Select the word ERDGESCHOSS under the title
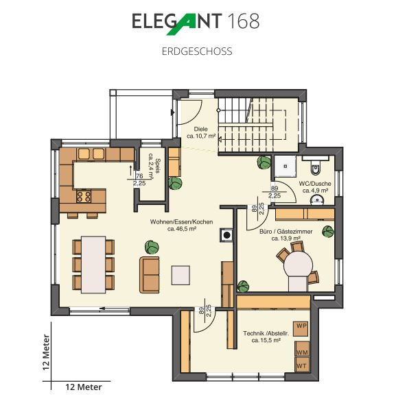pyautogui.click(x=197, y=51)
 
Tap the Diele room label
pyautogui.click(x=201, y=129)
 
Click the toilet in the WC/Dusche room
pyautogui.click(x=315, y=167)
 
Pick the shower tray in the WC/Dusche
pyautogui.click(x=286, y=167)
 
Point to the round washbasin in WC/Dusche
pyautogui.click(x=318, y=200)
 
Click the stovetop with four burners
pyautogui.click(x=84, y=196)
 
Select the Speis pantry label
pyautogui.click(x=158, y=166)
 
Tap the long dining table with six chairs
pyautogui.click(x=93, y=265)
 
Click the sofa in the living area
pyautogui.click(x=150, y=275)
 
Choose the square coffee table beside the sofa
pyautogui.click(x=180, y=276)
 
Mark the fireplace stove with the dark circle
pyautogui.click(x=226, y=235)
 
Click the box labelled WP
pyautogui.click(x=301, y=328)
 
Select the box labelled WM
pyautogui.click(x=302, y=349)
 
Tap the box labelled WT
pyautogui.click(x=302, y=364)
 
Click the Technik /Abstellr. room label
pyautogui.click(x=266, y=334)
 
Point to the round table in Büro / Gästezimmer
pyautogui.click(x=298, y=264)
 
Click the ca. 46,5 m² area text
pyautogui.click(x=182, y=229)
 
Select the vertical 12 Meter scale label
pyautogui.click(x=46, y=352)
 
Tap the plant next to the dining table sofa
pyautogui.click(x=152, y=247)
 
